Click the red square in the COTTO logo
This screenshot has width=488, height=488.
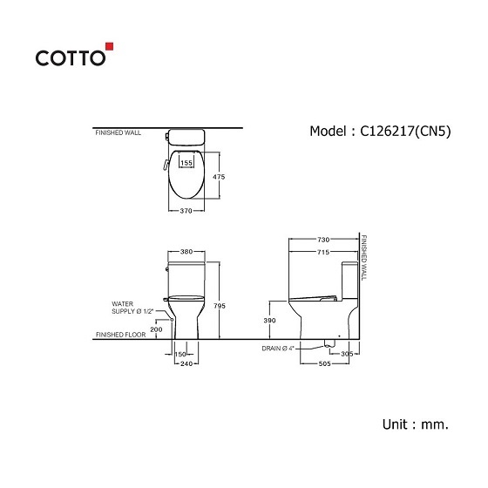(x=110, y=46)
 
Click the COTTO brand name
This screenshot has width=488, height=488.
(x=71, y=58)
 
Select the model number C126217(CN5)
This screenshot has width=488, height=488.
(x=405, y=132)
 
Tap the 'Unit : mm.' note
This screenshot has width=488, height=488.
(x=416, y=424)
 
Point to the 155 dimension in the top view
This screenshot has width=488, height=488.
(x=186, y=163)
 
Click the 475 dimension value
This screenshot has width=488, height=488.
(x=219, y=177)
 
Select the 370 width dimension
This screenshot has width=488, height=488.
(x=186, y=211)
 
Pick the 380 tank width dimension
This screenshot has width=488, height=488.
(x=186, y=252)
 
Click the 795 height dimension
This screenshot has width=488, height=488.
(x=220, y=306)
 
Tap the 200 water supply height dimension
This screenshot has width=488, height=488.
(x=156, y=329)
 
